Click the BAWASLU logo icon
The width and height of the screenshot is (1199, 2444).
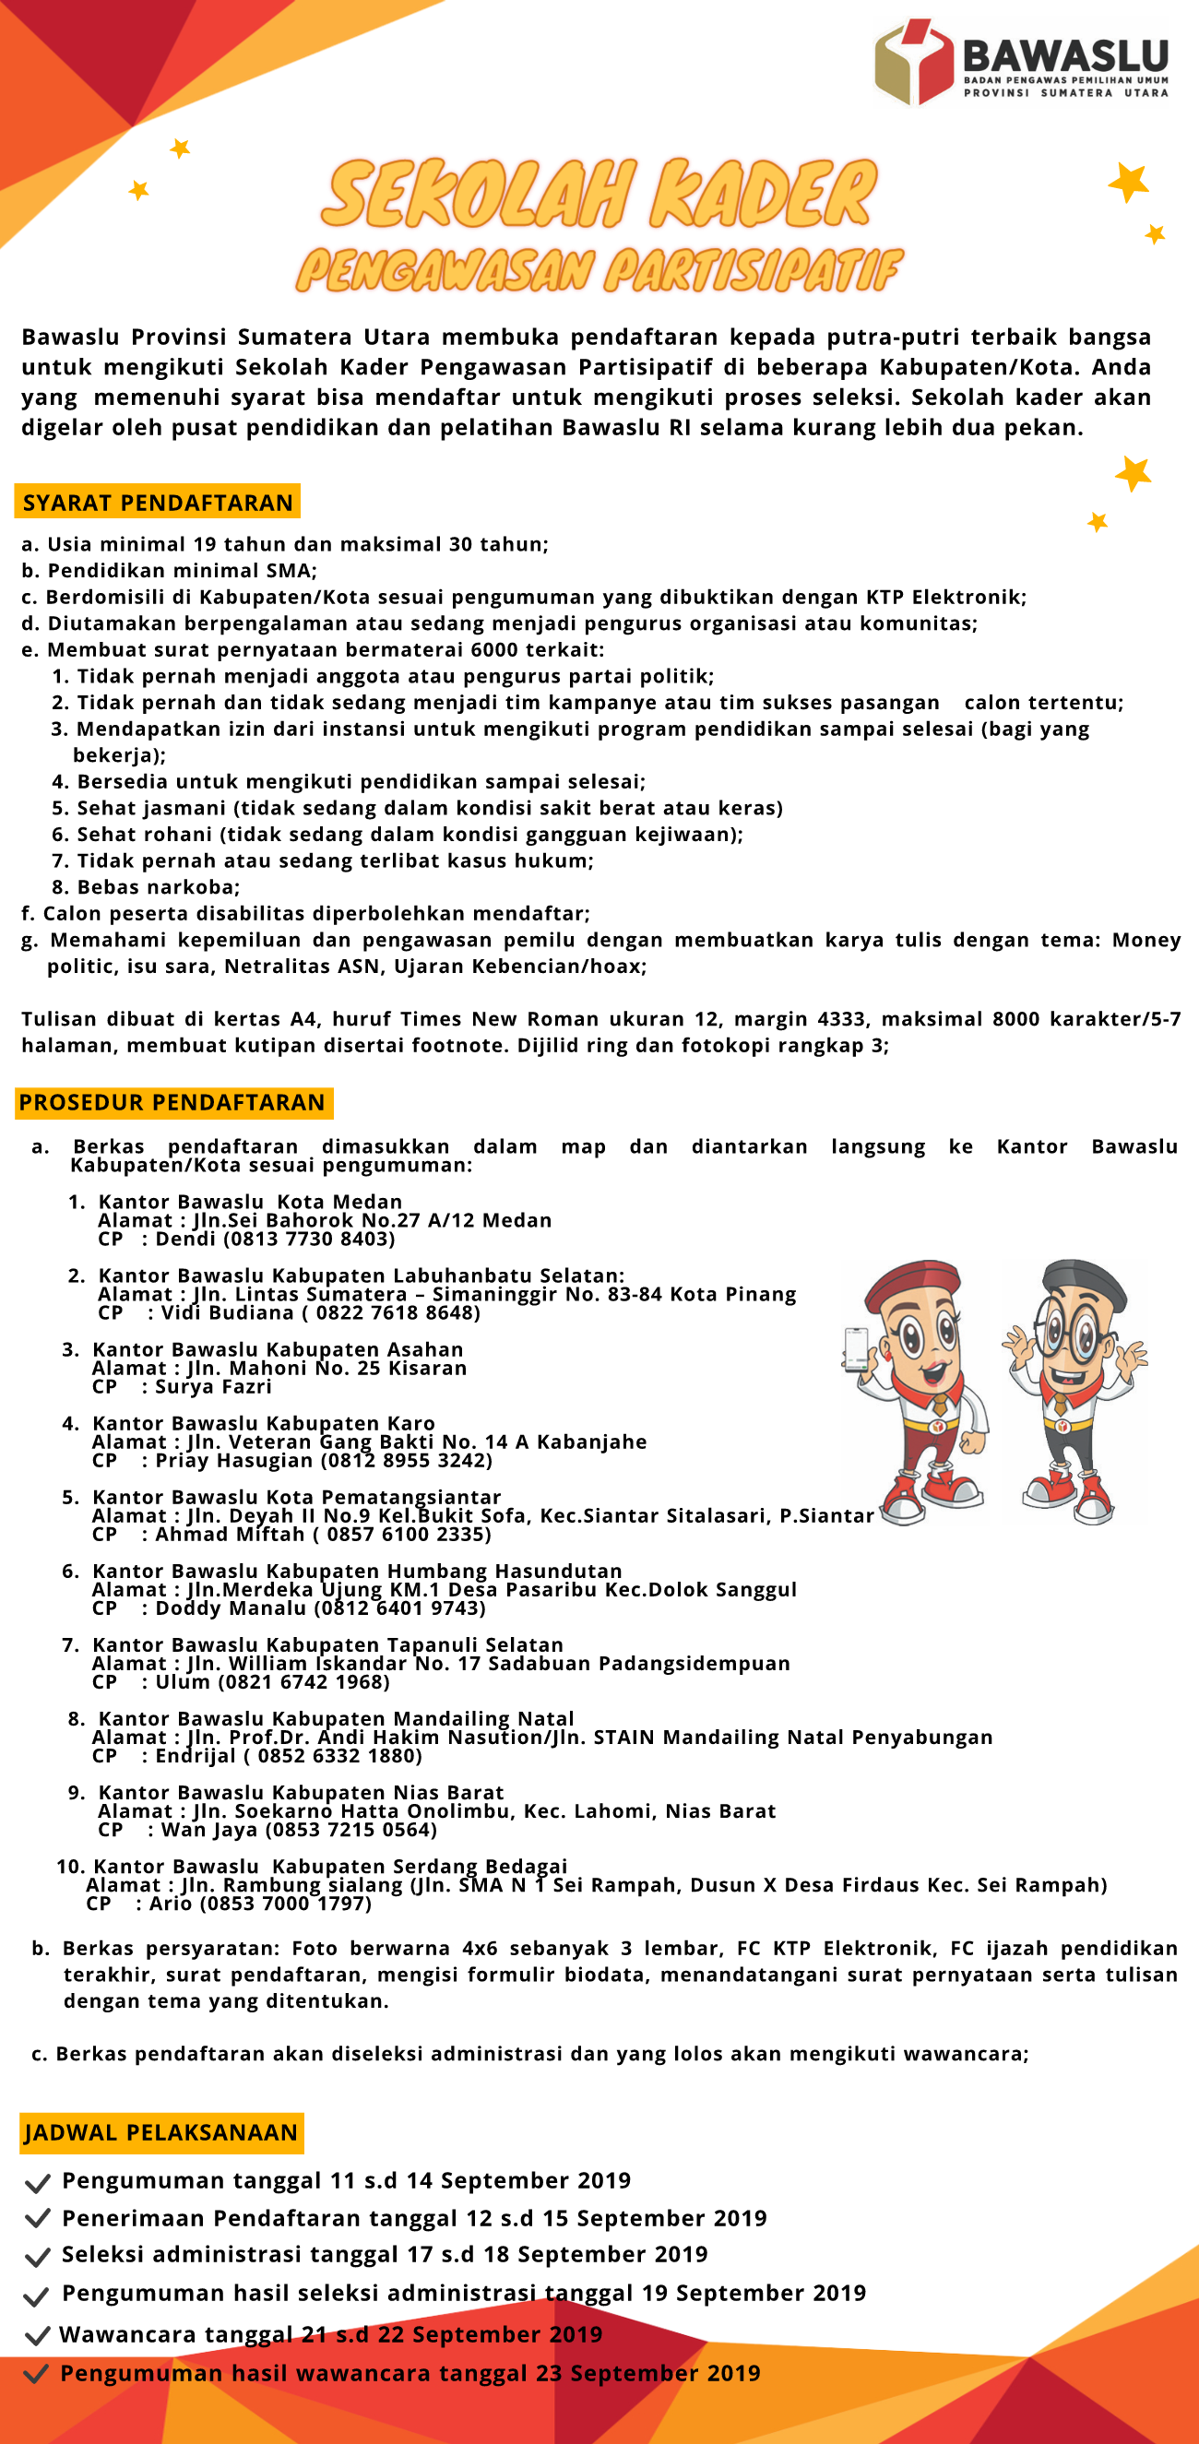tap(912, 63)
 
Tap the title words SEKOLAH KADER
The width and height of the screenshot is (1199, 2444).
tap(599, 195)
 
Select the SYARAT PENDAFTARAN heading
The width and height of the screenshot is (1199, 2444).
tap(158, 502)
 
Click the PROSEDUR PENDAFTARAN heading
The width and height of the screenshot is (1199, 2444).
tap(172, 1102)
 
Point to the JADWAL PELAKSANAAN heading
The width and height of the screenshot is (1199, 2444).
tap(161, 2133)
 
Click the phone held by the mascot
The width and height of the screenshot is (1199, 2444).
tap(856, 1348)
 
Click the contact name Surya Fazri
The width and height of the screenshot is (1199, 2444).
tap(213, 1387)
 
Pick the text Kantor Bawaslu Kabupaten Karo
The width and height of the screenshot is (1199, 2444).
tap(264, 1423)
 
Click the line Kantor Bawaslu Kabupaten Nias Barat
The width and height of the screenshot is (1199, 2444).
tap(301, 1792)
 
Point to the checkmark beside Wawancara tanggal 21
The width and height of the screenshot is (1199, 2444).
tap(37, 2336)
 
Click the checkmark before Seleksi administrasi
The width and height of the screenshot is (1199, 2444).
tap(37, 2257)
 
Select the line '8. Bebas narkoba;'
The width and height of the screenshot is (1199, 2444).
tap(145, 887)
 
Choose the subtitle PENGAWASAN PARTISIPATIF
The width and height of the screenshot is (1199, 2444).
tap(599, 270)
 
